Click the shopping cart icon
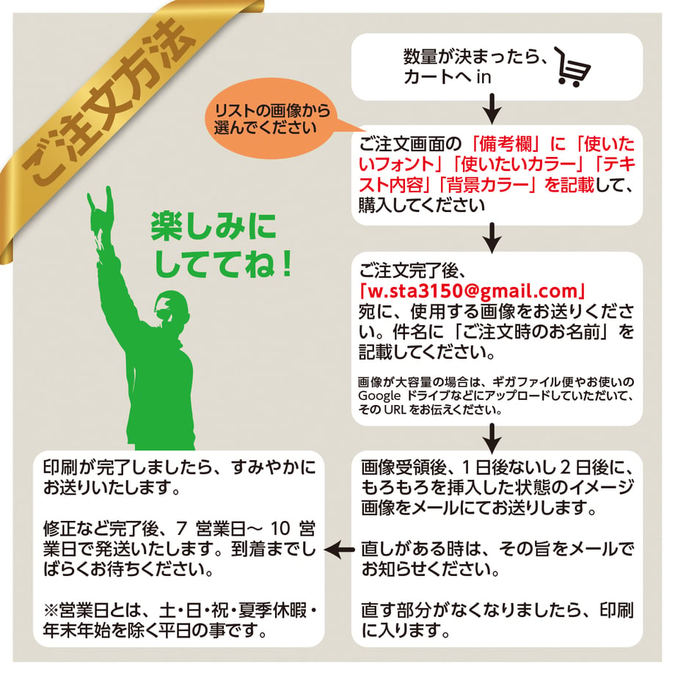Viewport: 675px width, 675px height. pyautogui.click(x=572, y=67)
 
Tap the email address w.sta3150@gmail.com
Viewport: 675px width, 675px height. pyautogui.click(x=472, y=291)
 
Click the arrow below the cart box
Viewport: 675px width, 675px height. pyautogui.click(x=492, y=109)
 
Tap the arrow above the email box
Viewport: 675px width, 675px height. pyautogui.click(x=492, y=238)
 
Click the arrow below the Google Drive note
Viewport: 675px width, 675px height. pyautogui.click(x=492, y=438)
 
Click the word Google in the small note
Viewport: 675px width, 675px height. pyautogui.click(x=379, y=396)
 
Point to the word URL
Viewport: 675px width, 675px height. pyautogui.click(x=395, y=410)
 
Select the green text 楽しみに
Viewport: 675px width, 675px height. pyautogui.click(x=214, y=227)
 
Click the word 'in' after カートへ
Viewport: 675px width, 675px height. pyautogui.click(x=484, y=77)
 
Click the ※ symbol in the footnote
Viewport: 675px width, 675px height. pyautogui.click(x=51, y=611)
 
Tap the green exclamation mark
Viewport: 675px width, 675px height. pyautogui.click(x=286, y=263)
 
